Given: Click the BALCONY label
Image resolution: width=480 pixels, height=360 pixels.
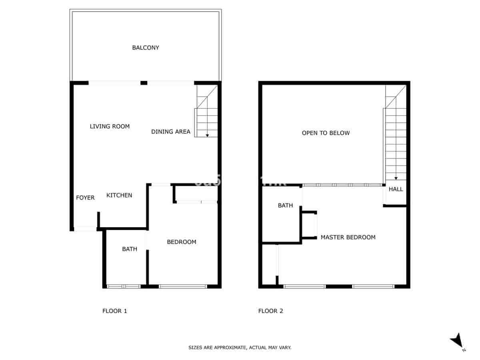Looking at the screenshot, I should coord(146,48).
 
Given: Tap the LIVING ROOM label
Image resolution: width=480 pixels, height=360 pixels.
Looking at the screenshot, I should coord(110,126).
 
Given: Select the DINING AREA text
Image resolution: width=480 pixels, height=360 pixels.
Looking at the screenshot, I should coord(171,132).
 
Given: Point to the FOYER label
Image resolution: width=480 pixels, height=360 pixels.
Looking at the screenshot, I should coord(85,198).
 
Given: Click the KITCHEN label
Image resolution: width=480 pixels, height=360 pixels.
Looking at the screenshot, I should coord(119,195).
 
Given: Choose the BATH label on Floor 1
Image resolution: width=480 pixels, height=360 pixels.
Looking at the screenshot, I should coord(130,249).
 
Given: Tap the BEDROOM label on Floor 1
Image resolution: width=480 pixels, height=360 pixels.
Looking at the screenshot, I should coord(182,242).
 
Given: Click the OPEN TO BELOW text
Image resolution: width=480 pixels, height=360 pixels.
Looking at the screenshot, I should coord(326,133).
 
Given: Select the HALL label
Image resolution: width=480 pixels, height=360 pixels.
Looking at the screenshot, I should coord(396,189).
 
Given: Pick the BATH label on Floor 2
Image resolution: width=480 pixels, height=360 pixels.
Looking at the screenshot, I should coord(286,206).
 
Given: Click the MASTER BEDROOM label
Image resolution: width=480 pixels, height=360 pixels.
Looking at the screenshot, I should coord(348,237).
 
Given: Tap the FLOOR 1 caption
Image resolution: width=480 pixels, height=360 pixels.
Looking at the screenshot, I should coord(115,311).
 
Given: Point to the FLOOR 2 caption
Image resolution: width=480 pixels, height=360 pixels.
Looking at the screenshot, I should coord(271,311).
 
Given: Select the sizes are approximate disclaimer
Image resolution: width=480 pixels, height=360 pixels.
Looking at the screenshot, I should coord(240,348).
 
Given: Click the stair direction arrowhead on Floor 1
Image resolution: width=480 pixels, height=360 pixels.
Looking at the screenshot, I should coord(207,136).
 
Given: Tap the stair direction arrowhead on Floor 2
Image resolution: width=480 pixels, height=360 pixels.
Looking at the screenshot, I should coord(396,178).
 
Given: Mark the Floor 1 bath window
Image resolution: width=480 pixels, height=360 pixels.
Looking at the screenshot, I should coord(124,286).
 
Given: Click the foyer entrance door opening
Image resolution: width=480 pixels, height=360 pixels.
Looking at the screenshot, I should coord(86,229).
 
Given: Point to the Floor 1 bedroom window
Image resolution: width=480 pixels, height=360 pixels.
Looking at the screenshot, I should coord(183,286).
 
